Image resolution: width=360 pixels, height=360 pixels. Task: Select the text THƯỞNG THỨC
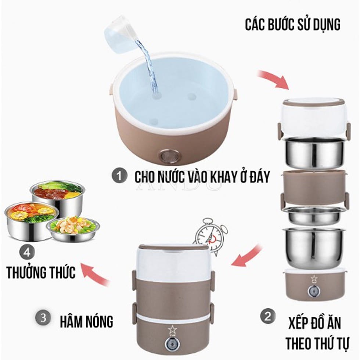coord(41,273)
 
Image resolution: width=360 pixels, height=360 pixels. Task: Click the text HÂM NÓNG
coord(87,322)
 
